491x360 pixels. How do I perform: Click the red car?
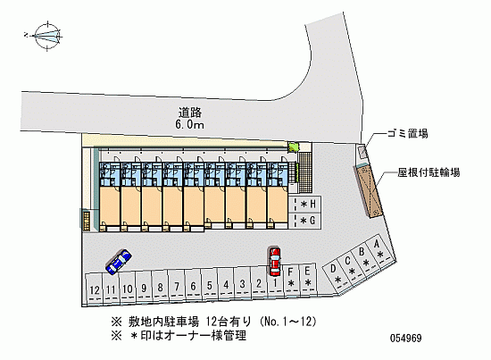point(275,262)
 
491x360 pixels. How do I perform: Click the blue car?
point(119,262)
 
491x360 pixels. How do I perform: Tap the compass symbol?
point(47,36)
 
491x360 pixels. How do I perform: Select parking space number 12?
point(94,289)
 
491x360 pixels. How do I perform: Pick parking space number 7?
point(177,285)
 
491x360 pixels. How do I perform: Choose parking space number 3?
point(242,283)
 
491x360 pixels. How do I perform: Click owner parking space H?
point(304,205)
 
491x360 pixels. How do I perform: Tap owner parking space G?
point(304,221)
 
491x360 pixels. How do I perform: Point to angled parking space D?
point(336,275)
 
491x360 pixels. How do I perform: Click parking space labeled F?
point(291,278)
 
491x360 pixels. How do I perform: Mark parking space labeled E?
point(307,278)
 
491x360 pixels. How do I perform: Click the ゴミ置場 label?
point(407,134)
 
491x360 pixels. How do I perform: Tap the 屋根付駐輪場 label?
point(429,172)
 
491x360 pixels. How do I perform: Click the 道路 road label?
point(190,113)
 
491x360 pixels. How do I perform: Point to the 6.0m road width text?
point(190,125)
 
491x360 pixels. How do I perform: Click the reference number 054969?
point(405,338)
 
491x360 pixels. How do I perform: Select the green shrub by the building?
point(294,147)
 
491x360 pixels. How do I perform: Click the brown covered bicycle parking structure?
point(368,192)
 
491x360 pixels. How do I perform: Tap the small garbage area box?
point(362,153)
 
